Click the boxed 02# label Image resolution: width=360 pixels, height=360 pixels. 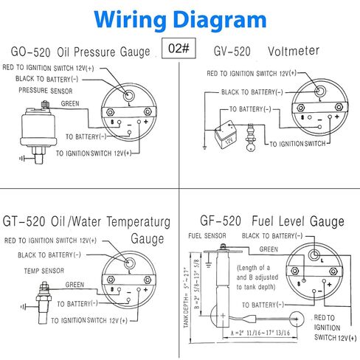coord(179,48)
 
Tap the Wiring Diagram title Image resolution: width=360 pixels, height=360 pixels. coord(180,19)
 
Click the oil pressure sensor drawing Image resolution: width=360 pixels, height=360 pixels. coord(38,132)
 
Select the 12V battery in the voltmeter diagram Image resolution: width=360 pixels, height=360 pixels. coord(226,135)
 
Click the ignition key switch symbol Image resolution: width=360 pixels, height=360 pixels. coord(251,137)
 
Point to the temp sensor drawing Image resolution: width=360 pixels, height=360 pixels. coord(44,302)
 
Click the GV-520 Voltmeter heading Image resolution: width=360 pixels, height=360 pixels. coord(266,51)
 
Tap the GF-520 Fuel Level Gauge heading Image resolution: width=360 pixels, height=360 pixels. coord(272,221)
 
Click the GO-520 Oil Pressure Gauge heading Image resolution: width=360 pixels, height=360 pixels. coord(80,52)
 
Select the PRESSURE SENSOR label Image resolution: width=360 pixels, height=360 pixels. coord(46,91)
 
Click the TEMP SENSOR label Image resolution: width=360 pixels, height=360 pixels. coord(44,271)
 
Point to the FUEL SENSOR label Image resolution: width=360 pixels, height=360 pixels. coord(207,236)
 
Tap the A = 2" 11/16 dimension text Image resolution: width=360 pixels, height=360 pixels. coord(260,333)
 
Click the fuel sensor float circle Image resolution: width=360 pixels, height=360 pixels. coord(296,319)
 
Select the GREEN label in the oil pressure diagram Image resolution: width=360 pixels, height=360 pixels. coord(70,103)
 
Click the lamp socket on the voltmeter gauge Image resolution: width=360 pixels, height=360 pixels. coord(319,91)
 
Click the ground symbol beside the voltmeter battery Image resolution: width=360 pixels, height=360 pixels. coord(204,148)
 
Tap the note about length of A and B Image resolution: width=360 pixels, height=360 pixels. coord(257,277)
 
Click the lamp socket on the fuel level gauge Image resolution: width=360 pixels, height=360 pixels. coord(314,255)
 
